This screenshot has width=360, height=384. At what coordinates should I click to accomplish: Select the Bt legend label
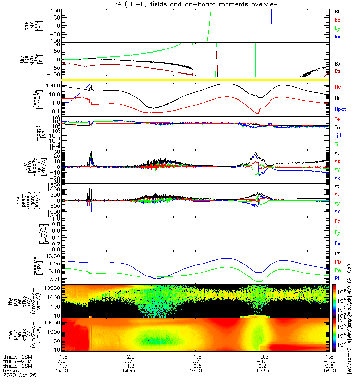337,11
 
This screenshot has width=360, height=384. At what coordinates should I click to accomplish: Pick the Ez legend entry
337,221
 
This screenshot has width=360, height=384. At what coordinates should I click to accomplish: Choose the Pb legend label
337,262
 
